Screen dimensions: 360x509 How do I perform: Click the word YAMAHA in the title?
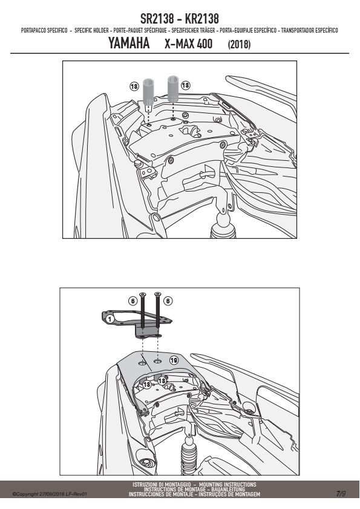tap(129, 44)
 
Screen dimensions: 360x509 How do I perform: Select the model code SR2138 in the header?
tap(157, 19)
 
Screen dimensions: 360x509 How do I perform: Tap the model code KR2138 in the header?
tap(201, 19)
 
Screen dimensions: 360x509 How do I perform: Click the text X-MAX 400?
tap(188, 44)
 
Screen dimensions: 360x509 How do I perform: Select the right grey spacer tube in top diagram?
tap(173, 89)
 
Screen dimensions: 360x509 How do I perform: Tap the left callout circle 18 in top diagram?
tap(134, 86)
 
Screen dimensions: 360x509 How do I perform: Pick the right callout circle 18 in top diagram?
tap(185, 85)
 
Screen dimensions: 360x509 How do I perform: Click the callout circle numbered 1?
tap(110, 319)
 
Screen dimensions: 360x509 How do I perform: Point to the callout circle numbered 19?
tap(174, 360)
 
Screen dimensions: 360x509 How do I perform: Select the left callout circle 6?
tap(133, 301)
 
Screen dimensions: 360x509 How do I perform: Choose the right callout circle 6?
tap(168, 301)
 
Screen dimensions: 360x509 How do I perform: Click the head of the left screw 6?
tap(142, 294)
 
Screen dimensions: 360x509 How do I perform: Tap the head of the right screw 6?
tap(157, 294)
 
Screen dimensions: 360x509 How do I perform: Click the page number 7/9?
tap(341, 494)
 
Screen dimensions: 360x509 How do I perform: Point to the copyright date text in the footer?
tap(50, 494)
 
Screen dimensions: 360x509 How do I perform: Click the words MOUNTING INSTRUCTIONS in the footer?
tap(227, 485)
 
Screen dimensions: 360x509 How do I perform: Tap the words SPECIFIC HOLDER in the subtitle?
tap(91, 30)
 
